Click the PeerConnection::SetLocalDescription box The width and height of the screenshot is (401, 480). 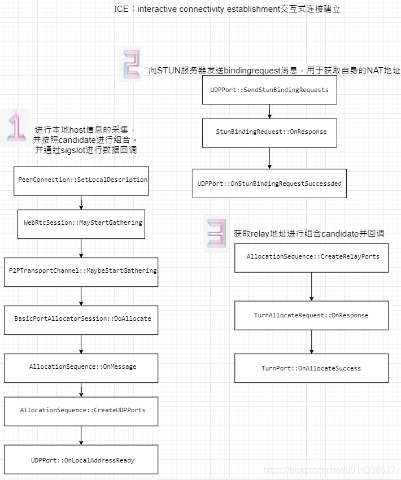(x=81, y=180)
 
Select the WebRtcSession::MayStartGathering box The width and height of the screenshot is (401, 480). (x=81, y=223)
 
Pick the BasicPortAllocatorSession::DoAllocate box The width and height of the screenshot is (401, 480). (x=81, y=319)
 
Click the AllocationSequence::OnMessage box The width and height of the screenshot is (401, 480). (x=81, y=367)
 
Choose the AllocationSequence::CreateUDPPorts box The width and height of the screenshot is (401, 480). (x=81, y=411)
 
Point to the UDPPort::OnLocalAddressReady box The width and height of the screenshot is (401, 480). (x=81, y=460)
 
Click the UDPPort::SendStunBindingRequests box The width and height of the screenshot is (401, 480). (x=269, y=90)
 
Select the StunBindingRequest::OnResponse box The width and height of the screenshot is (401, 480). (x=269, y=132)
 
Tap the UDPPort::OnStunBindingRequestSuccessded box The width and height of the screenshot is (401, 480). (x=269, y=184)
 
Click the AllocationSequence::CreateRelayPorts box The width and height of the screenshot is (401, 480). (x=312, y=257)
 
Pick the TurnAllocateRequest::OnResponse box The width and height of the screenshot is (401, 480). (x=312, y=315)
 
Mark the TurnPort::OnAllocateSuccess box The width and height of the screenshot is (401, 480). (x=312, y=368)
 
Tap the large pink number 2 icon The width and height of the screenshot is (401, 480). (x=131, y=64)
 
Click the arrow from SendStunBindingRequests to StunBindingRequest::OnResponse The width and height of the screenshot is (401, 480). (x=269, y=111)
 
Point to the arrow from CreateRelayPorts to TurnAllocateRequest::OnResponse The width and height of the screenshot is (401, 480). (x=312, y=287)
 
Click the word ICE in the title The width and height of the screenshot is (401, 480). (x=121, y=10)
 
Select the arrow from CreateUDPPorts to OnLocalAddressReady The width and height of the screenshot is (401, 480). (x=81, y=435)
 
